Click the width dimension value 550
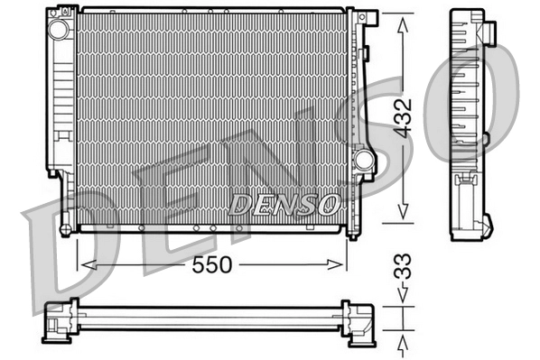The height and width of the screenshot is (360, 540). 212,264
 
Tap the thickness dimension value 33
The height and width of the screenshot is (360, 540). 403,268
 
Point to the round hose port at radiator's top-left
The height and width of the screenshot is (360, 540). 61,29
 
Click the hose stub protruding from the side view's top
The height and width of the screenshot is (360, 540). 489,31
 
